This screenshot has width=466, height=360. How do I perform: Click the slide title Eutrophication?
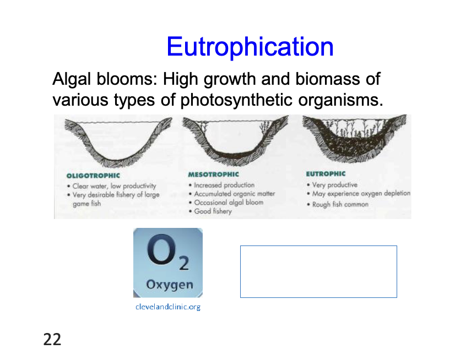coord(250,47)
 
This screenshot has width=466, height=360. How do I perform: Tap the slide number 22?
coord(52,340)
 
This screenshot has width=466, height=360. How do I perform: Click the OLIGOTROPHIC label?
coord(93,176)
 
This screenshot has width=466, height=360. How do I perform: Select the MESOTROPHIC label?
coord(213,174)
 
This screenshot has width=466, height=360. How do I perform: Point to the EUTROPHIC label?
coord(326,174)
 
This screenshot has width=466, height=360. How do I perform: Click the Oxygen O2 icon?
coord(168,263)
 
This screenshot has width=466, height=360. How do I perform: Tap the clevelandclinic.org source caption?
coord(168,307)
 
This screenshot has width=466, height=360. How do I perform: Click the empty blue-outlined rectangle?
coord(318,271)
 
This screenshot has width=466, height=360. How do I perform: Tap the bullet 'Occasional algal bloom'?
coord(228,202)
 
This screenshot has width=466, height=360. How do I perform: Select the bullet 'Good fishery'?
coord(213,211)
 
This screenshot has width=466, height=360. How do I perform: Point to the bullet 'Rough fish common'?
coord(340,204)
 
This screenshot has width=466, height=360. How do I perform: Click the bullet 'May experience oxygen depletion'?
coord(361,193)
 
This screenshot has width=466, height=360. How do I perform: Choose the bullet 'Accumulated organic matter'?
coord(234,194)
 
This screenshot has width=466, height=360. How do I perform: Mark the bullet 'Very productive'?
coord(334,185)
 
